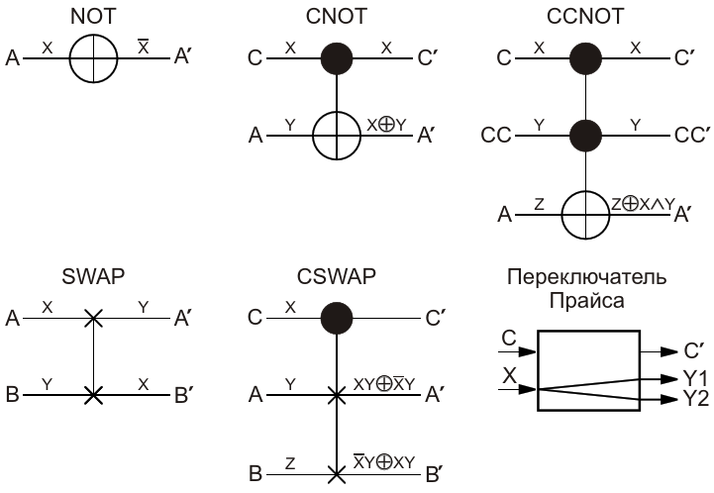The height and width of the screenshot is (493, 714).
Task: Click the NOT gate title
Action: (x=93, y=17)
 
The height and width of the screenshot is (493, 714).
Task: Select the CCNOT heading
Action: (x=585, y=17)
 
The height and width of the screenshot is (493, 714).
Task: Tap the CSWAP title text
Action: (x=337, y=276)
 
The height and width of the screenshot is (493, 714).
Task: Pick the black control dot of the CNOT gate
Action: (x=337, y=58)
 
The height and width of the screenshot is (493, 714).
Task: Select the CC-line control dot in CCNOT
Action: (x=585, y=136)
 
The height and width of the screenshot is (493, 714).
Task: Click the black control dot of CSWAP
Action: (x=337, y=318)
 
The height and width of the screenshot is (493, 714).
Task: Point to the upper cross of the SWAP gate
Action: (x=93, y=318)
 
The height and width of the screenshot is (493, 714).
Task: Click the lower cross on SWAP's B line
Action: (x=93, y=395)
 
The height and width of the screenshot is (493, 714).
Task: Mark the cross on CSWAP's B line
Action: (x=337, y=474)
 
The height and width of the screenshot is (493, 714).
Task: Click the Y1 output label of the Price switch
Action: (x=695, y=378)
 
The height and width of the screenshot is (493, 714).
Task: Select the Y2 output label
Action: (x=696, y=399)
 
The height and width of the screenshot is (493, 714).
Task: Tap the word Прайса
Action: (x=586, y=301)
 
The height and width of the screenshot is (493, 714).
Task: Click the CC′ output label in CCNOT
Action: (x=692, y=136)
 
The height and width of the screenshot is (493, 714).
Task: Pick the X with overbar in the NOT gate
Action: (x=144, y=47)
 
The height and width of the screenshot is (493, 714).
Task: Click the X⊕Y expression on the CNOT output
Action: (x=386, y=125)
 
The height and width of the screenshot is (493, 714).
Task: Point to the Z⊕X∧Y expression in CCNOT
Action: (x=643, y=204)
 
